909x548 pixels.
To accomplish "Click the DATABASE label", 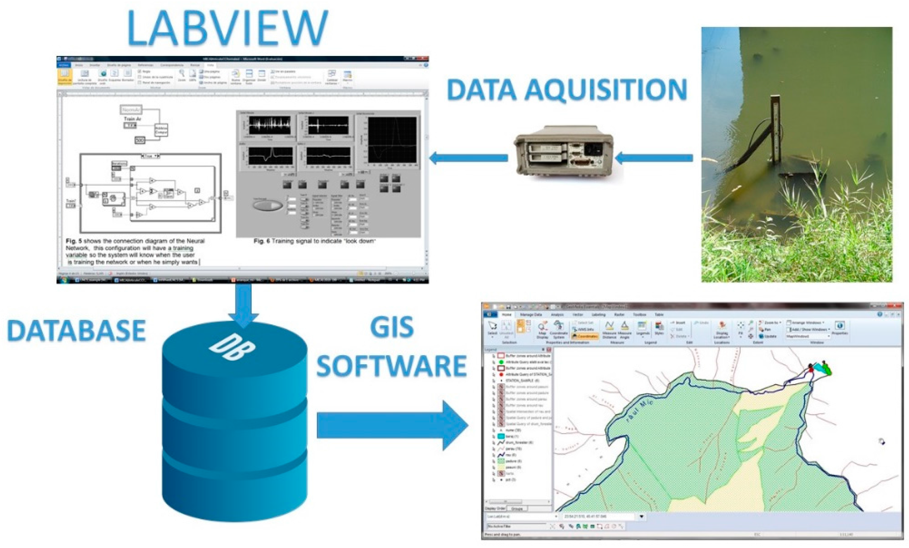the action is (76, 331).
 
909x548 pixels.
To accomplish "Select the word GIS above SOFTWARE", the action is (392, 327).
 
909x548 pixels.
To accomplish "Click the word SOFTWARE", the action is (392, 366).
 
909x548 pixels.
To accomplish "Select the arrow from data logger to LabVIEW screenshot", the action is (468, 158).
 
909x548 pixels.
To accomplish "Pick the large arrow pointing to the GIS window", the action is (392, 425).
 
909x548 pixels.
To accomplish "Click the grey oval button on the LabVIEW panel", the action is (267, 205).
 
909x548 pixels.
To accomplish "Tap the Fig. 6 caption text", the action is (314, 241).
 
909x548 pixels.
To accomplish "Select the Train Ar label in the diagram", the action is (132, 119).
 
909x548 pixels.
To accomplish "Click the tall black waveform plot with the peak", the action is (392, 140).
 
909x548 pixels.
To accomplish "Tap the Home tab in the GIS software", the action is (506, 315).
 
